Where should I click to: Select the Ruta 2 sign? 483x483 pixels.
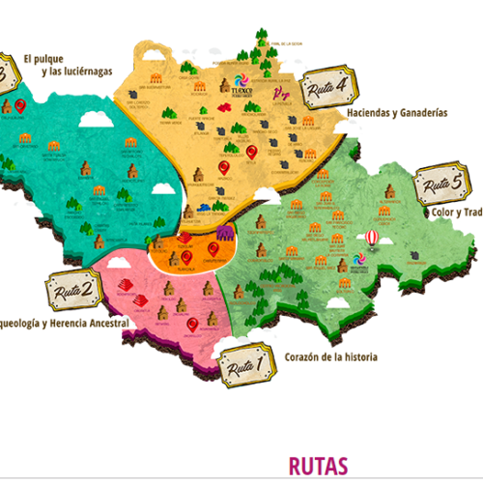tap(74, 288)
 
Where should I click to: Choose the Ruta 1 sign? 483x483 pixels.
tap(246, 367)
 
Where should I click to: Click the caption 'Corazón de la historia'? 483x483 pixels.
tap(331, 356)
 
